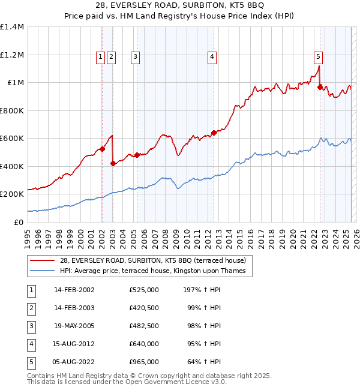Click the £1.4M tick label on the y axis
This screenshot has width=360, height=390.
click(x=12, y=27)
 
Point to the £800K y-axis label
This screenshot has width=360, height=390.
click(x=12, y=110)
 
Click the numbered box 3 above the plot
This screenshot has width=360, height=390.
click(x=136, y=57)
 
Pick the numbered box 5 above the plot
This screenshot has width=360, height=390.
click(x=318, y=57)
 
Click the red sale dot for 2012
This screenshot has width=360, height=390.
click(x=214, y=133)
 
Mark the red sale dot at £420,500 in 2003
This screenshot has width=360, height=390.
click(x=113, y=163)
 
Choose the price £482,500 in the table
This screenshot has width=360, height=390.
click(x=144, y=326)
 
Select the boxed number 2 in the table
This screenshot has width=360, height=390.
click(x=31, y=308)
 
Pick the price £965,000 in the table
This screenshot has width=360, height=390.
click(x=144, y=362)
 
